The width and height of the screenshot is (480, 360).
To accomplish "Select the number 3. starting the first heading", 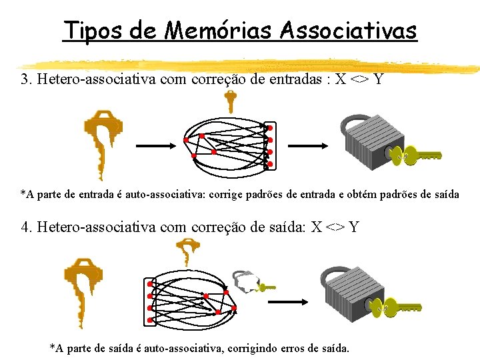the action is (27, 80).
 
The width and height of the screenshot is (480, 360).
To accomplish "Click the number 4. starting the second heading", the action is (27, 227).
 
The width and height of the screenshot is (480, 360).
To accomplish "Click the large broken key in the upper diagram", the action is (103, 144).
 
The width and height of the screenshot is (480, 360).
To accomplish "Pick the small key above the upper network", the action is (230, 101).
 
